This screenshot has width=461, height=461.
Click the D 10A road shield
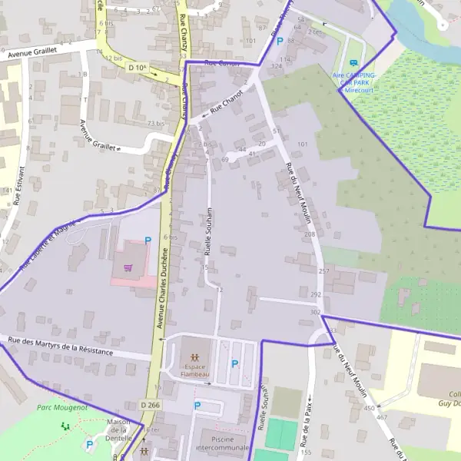click(x=138, y=68)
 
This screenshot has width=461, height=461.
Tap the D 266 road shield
click(x=151, y=404)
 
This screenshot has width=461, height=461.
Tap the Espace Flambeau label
click(x=195, y=370)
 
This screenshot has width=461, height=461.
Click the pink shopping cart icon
click(x=128, y=268)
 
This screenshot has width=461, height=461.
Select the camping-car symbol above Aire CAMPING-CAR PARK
click(x=353, y=63)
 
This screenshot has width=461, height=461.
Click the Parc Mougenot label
click(x=62, y=407)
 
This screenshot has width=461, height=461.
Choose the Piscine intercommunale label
click(x=223, y=442)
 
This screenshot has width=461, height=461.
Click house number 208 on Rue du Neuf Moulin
click(x=310, y=234)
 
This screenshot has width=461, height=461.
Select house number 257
click(x=323, y=271)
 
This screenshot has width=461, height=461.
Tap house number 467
click(x=382, y=417)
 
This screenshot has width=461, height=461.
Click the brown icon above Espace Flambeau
click(x=195, y=357)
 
